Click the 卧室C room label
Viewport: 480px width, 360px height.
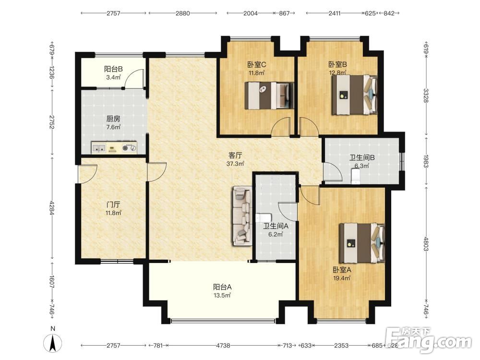tap(256, 65)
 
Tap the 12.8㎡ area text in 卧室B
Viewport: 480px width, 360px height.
tap(337, 73)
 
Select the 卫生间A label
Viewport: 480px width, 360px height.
tap(276, 226)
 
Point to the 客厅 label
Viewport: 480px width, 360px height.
tap(235, 155)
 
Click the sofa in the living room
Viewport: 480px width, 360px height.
tap(242, 216)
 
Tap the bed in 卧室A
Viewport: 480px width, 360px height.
tap(362, 243)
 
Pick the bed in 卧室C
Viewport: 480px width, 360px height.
tap(269, 96)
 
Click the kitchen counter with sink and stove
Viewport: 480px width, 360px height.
tap(114, 148)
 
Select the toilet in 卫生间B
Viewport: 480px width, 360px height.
tap(356, 177)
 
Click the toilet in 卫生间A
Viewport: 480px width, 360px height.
tap(263, 217)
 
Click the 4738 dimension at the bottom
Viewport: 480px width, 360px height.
tap(223, 346)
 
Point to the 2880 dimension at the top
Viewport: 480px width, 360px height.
tap(183, 13)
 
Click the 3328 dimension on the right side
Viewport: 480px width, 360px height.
tap(426, 95)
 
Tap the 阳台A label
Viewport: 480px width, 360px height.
tap(222, 287)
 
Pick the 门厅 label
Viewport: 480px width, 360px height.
tap(113, 204)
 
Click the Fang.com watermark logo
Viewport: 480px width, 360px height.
tap(428, 340)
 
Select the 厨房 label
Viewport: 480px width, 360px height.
tap(113, 119)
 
